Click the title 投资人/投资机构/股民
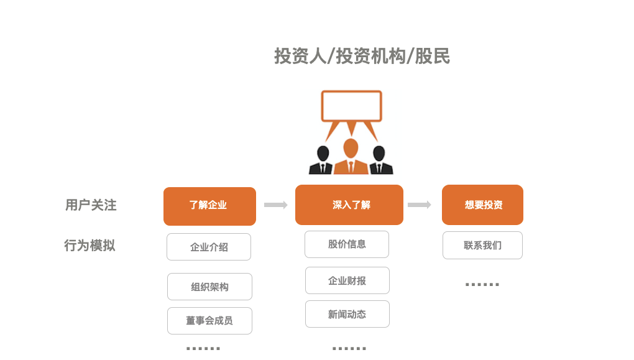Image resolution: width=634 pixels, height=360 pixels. click(x=362, y=57)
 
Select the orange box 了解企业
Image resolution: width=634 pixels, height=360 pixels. click(x=209, y=206)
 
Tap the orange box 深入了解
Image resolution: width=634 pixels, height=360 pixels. click(x=349, y=205)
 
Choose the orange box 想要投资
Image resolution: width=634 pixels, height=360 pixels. click(x=482, y=205)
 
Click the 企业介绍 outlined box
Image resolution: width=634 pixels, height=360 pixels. click(x=209, y=247)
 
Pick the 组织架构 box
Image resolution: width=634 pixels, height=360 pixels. click(x=209, y=287)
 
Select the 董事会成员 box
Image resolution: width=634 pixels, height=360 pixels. click(x=209, y=321)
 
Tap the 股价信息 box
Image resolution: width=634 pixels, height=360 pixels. click(x=347, y=244)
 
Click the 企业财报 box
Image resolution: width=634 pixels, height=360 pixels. click(x=347, y=280)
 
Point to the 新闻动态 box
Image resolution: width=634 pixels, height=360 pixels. click(x=347, y=314)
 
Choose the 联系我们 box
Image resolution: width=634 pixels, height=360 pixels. click(x=482, y=246)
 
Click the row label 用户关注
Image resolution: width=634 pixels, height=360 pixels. click(x=91, y=205)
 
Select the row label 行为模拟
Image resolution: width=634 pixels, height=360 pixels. click(x=90, y=246)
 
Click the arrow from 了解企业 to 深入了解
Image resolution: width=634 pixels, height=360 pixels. click(x=275, y=205)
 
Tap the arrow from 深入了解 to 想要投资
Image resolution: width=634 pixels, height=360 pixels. click(x=419, y=205)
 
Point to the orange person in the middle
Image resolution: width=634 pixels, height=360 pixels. click(x=351, y=158)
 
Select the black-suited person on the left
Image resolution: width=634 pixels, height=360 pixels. click(x=322, y=161)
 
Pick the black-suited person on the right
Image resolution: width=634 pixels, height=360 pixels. click(x=379, y=161)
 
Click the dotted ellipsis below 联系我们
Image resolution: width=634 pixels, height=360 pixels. click(x=482, y=285)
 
